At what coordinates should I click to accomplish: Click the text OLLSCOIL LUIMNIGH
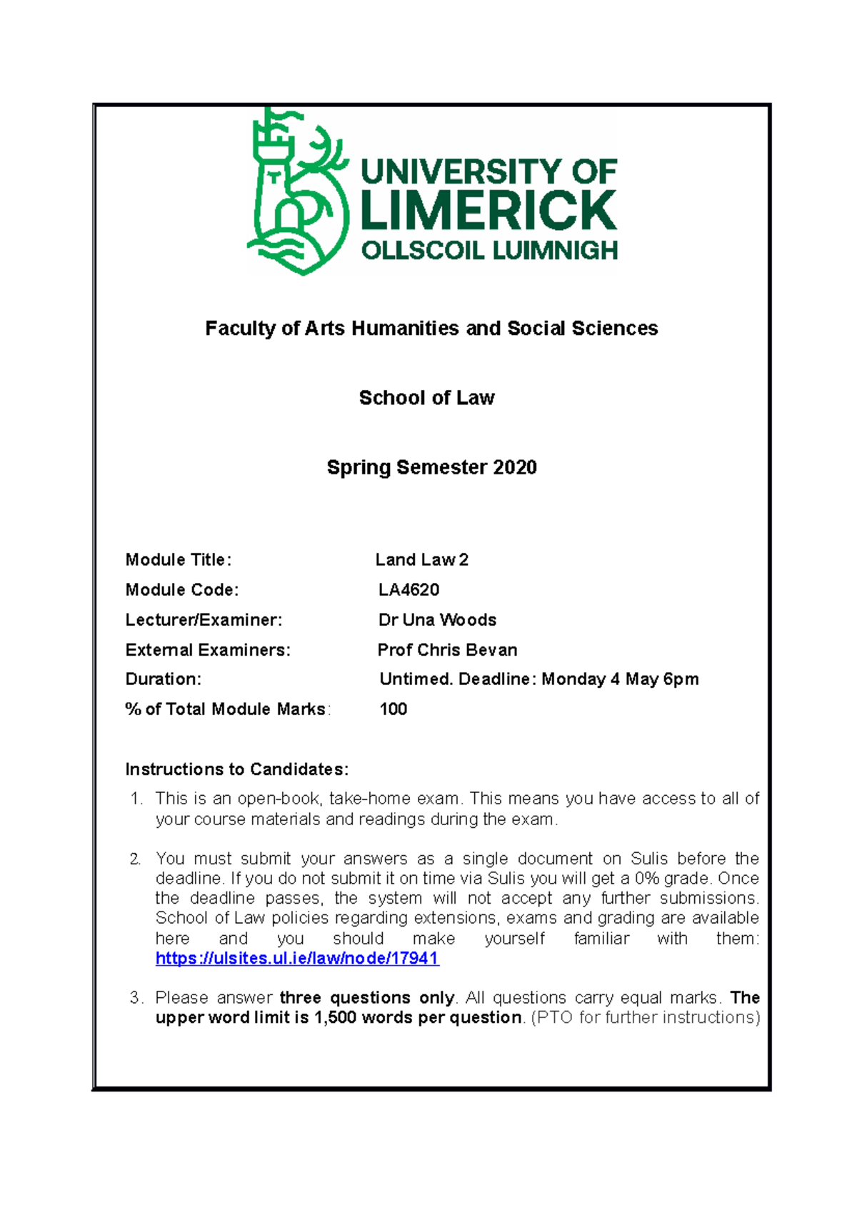pos(489,251)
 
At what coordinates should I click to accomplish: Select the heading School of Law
pos(426,398)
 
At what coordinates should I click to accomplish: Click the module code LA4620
pos(409,590)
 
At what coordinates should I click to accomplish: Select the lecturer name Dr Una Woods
pos(437,620)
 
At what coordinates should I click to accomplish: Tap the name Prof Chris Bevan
pos(447,650)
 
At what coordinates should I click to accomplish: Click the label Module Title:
pos(178,560)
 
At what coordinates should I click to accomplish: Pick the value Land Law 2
pos(421,560)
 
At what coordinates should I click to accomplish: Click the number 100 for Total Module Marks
pos(393,709)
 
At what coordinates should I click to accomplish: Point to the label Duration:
pos(163,679)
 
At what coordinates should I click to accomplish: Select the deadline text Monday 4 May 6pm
pos(620,679)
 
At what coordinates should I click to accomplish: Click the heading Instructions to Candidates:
pos(236,769)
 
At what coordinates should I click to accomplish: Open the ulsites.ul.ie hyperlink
pos(297,959)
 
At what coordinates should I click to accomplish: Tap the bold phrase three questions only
pos(367,998)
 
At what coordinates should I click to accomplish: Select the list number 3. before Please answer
pos(136,998)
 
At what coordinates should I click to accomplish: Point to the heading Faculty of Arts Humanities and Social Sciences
pos(431,329)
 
